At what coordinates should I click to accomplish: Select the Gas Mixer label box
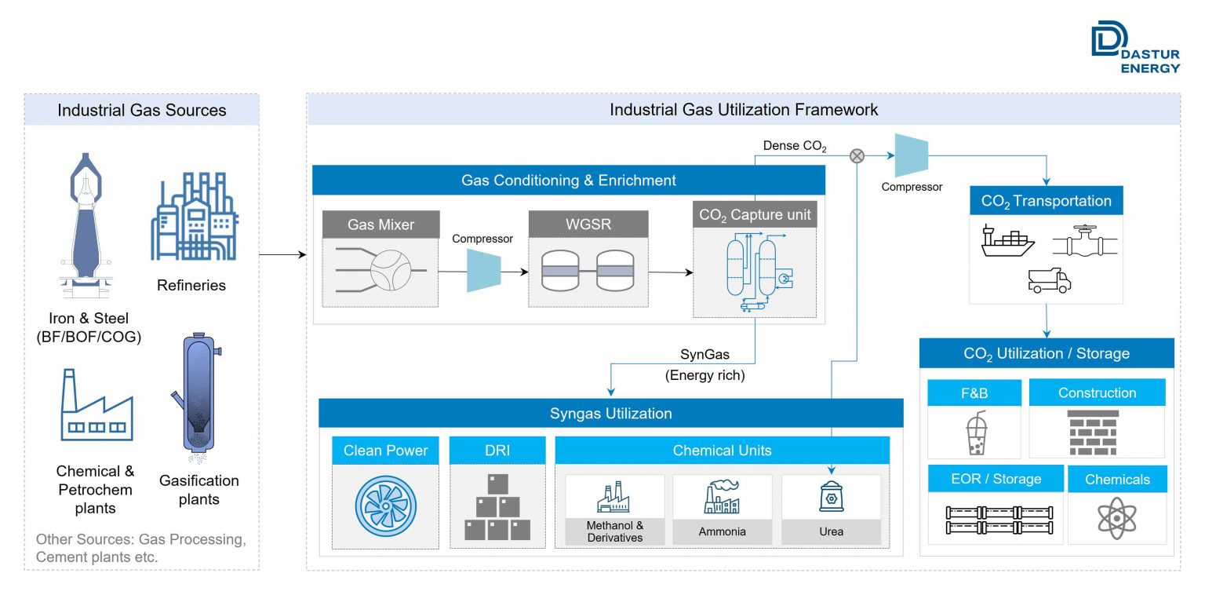click(380, 224)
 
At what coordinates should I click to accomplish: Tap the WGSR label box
click(588, 224)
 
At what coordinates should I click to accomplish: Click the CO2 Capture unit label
click(754, 214)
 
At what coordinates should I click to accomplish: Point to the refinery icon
click(195, 217)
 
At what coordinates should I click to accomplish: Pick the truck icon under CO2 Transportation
click(1049, 280)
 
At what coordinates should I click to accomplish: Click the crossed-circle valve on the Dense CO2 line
click(857, 156)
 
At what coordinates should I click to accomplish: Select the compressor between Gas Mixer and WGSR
click(483, 271)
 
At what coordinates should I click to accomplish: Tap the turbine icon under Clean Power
click(384, 506)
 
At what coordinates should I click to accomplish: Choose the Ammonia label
click(722, 531)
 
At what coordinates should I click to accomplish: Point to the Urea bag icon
click(831, 497)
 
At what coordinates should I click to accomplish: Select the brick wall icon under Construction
click(1097, 433)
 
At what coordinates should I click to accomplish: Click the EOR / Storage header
click(995, 479)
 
